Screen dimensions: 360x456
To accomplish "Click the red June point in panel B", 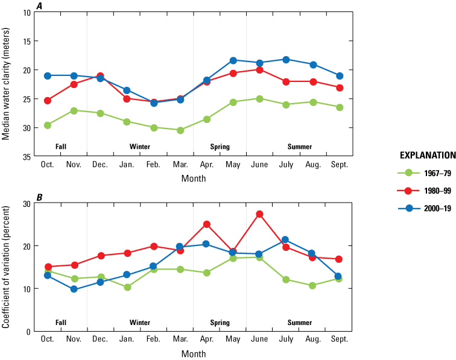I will pos(260,214).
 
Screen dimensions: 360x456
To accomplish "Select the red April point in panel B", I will pos(207,224).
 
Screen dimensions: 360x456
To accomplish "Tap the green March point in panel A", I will pos(180,130).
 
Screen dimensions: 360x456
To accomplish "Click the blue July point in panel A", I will pos(286,60).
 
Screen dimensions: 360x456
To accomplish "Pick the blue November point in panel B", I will pos(74,289).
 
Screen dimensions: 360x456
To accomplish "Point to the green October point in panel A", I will pos(47,125).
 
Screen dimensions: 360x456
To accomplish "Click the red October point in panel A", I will pos(47,101).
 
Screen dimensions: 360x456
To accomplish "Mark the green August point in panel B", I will pos(312,286).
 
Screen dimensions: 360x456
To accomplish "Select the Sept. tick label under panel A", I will pos(339,165).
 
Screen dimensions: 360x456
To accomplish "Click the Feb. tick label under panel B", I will pos(153,339).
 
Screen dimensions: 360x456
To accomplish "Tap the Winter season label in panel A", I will pos(140,147).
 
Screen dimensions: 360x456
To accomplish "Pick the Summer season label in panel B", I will pos(300,323).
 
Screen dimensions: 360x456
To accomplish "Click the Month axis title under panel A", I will pos(193,178).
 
